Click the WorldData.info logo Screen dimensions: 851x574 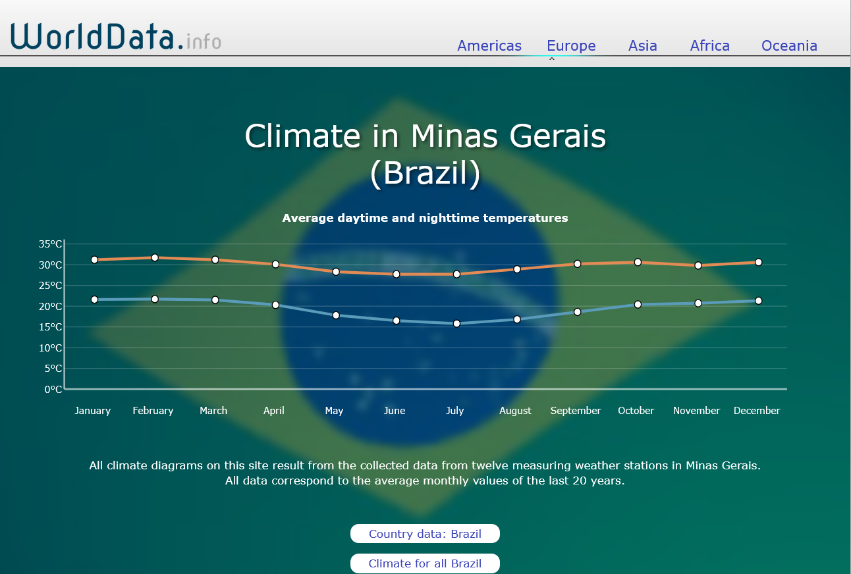pyautogui.click(x=116, y=36)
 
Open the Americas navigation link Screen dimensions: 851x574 pyautogui.click(x=489, y=45)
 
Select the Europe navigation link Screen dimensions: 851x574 pyautogui.click(x=571, y=45)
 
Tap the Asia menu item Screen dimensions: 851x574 pyautogui.click(x=642, y=45)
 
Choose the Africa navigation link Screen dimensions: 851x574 pyautogui.click(x=709, y=45)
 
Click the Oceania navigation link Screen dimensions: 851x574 pyautogui.click(x=789, y=45)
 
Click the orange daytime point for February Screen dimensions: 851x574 pyautogui.click(x=155, y=258)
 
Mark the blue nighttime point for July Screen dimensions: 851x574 pyautogui.click(x=456, y=323)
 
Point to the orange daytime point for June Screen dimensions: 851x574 pyautogui.click(x=397, y=274)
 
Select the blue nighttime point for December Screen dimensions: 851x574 pyautogui.click(x=758, y=301)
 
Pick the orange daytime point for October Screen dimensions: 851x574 pyautogui.click(x=638, y=263)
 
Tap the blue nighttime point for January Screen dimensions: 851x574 pyautogui.click(x=95, y=300)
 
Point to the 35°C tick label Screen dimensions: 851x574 pyautogui.click(x=50, y=244)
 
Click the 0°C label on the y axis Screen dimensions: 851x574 pyautogui.click(x=53, y=390)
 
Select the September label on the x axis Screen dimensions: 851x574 pyautogui.click(x=576, y=411)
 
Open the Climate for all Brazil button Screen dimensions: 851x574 pyautogui.click(x=425, y=563)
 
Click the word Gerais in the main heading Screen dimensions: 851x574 pyautogui.click(x=557, y=136)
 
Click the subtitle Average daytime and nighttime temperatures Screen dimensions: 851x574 pyautogui.click(x=425, y=218)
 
